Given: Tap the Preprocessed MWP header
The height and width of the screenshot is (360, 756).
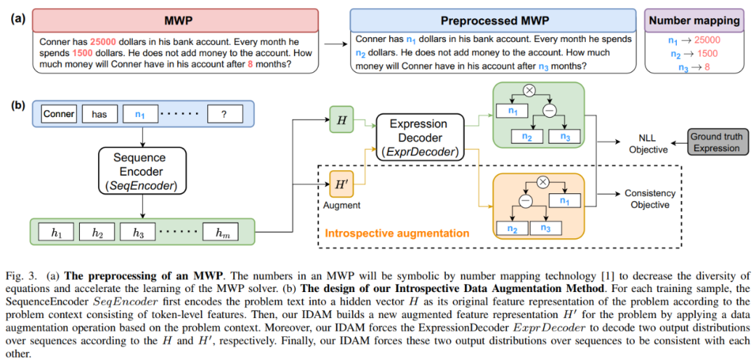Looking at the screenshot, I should tap(493, 21).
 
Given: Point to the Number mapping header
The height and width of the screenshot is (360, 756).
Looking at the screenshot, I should tap(694, 21).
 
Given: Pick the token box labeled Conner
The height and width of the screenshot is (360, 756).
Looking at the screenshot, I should tap(58, 113).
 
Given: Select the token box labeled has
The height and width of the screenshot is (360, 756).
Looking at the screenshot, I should tap(99, 113).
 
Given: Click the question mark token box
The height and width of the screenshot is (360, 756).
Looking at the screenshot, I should tap(223, 113).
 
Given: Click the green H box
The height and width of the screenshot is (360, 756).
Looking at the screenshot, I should tap(342, 120).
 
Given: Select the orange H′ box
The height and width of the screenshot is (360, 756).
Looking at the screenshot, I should tap(342, 186).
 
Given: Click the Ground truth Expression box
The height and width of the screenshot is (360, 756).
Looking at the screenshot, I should tap(716, 142).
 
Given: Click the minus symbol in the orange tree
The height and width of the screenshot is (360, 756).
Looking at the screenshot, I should tap(525, 200).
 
